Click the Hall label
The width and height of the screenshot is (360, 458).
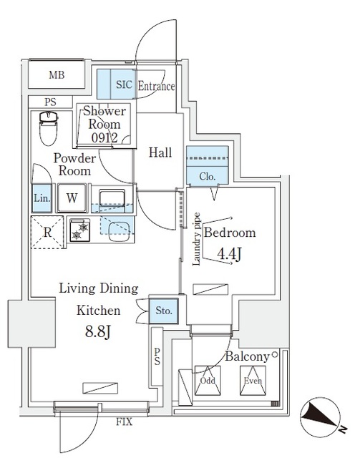click(x=160, y=152)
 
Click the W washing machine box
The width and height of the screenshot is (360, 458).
click(x=73, y=198)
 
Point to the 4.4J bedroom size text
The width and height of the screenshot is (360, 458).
click(x=229, y=253)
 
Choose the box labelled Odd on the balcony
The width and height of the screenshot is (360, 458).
click(x=208, y=381)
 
